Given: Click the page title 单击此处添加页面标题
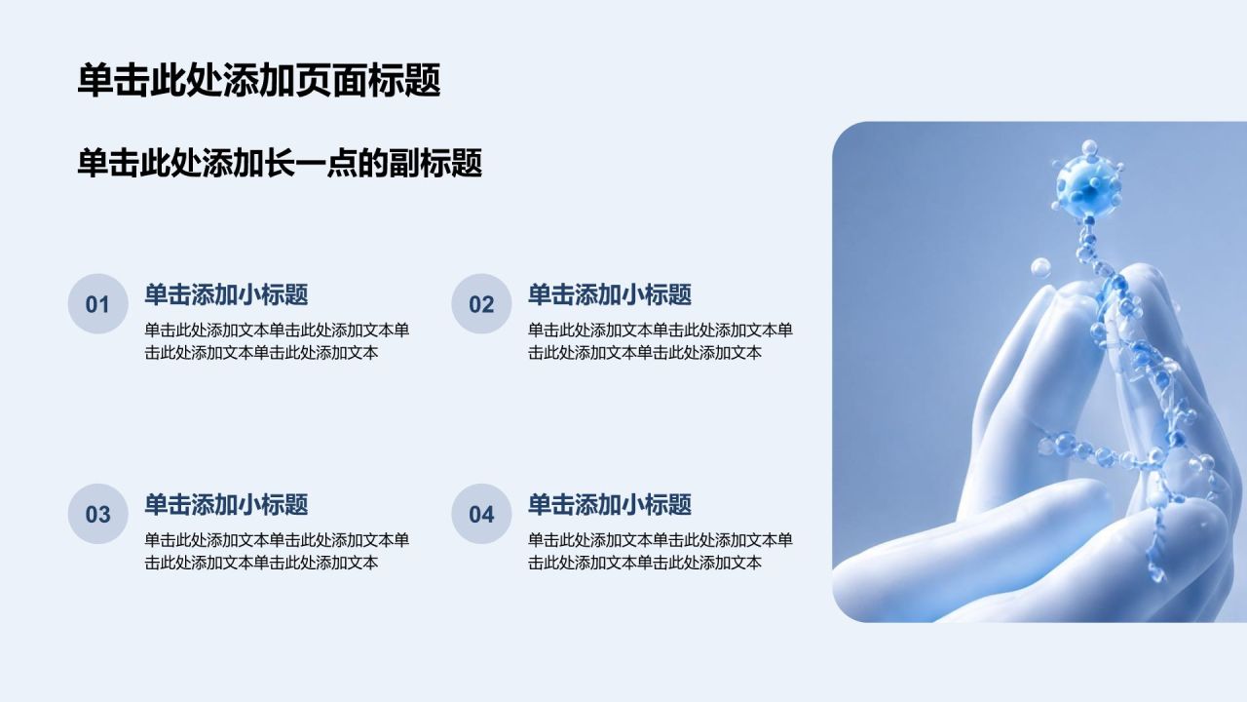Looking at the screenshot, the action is click(259, 80).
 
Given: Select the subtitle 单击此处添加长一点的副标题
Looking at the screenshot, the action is click(280, 163).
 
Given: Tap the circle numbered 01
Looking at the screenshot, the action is click(98, 303).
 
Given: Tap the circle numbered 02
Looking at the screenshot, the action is click(481, 303).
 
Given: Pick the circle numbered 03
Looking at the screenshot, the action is click(98, 514).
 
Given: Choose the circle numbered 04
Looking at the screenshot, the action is click(481, 514).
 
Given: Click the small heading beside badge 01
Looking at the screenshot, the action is click(226, 294).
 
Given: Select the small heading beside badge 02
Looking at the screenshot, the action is click(610, 294).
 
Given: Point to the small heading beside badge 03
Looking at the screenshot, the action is click(226, 505).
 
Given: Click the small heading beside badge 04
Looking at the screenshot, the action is click(610, 505).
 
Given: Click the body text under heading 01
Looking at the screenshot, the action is click(277, 341).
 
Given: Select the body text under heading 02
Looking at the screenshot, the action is click(661, 341).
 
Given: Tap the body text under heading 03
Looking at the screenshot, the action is click(277, 551).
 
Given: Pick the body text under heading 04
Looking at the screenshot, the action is click(661, 551).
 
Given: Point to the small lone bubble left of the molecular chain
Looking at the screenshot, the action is click(1040, 268).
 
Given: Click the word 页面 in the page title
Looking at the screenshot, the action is click(332, 80).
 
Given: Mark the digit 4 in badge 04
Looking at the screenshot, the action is click(488, 515).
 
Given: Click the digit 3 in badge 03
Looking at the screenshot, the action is click(104, 515).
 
